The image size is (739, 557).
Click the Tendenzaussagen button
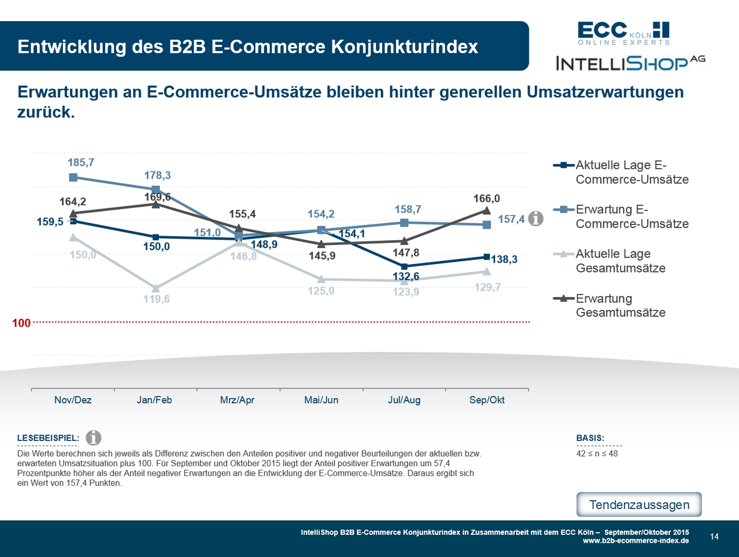pos(639,505)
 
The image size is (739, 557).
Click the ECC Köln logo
pos(623,33)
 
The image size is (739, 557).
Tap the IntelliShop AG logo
pos(630,63)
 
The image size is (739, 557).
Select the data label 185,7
pos(81,163)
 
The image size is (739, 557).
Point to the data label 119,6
pos(156,299)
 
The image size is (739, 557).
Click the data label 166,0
pos(486,199)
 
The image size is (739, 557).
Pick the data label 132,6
pos(405,277)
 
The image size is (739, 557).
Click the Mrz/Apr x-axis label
pos(237,400)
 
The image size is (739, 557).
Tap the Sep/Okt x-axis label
pos(487,400)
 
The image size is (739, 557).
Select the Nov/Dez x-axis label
pos(73,400)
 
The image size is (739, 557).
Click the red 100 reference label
pos(21,323)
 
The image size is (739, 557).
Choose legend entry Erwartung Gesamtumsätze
pos(620,306)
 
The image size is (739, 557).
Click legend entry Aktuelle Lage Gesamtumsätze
pos(620,261)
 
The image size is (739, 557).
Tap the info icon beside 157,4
pos(536,219)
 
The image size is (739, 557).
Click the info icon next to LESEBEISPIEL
pos(93,438)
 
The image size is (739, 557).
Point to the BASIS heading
pos(590,438)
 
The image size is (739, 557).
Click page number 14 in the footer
pos(714,536)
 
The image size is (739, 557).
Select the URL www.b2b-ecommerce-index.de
pos(636,541)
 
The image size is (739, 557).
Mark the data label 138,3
pos(504,259)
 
